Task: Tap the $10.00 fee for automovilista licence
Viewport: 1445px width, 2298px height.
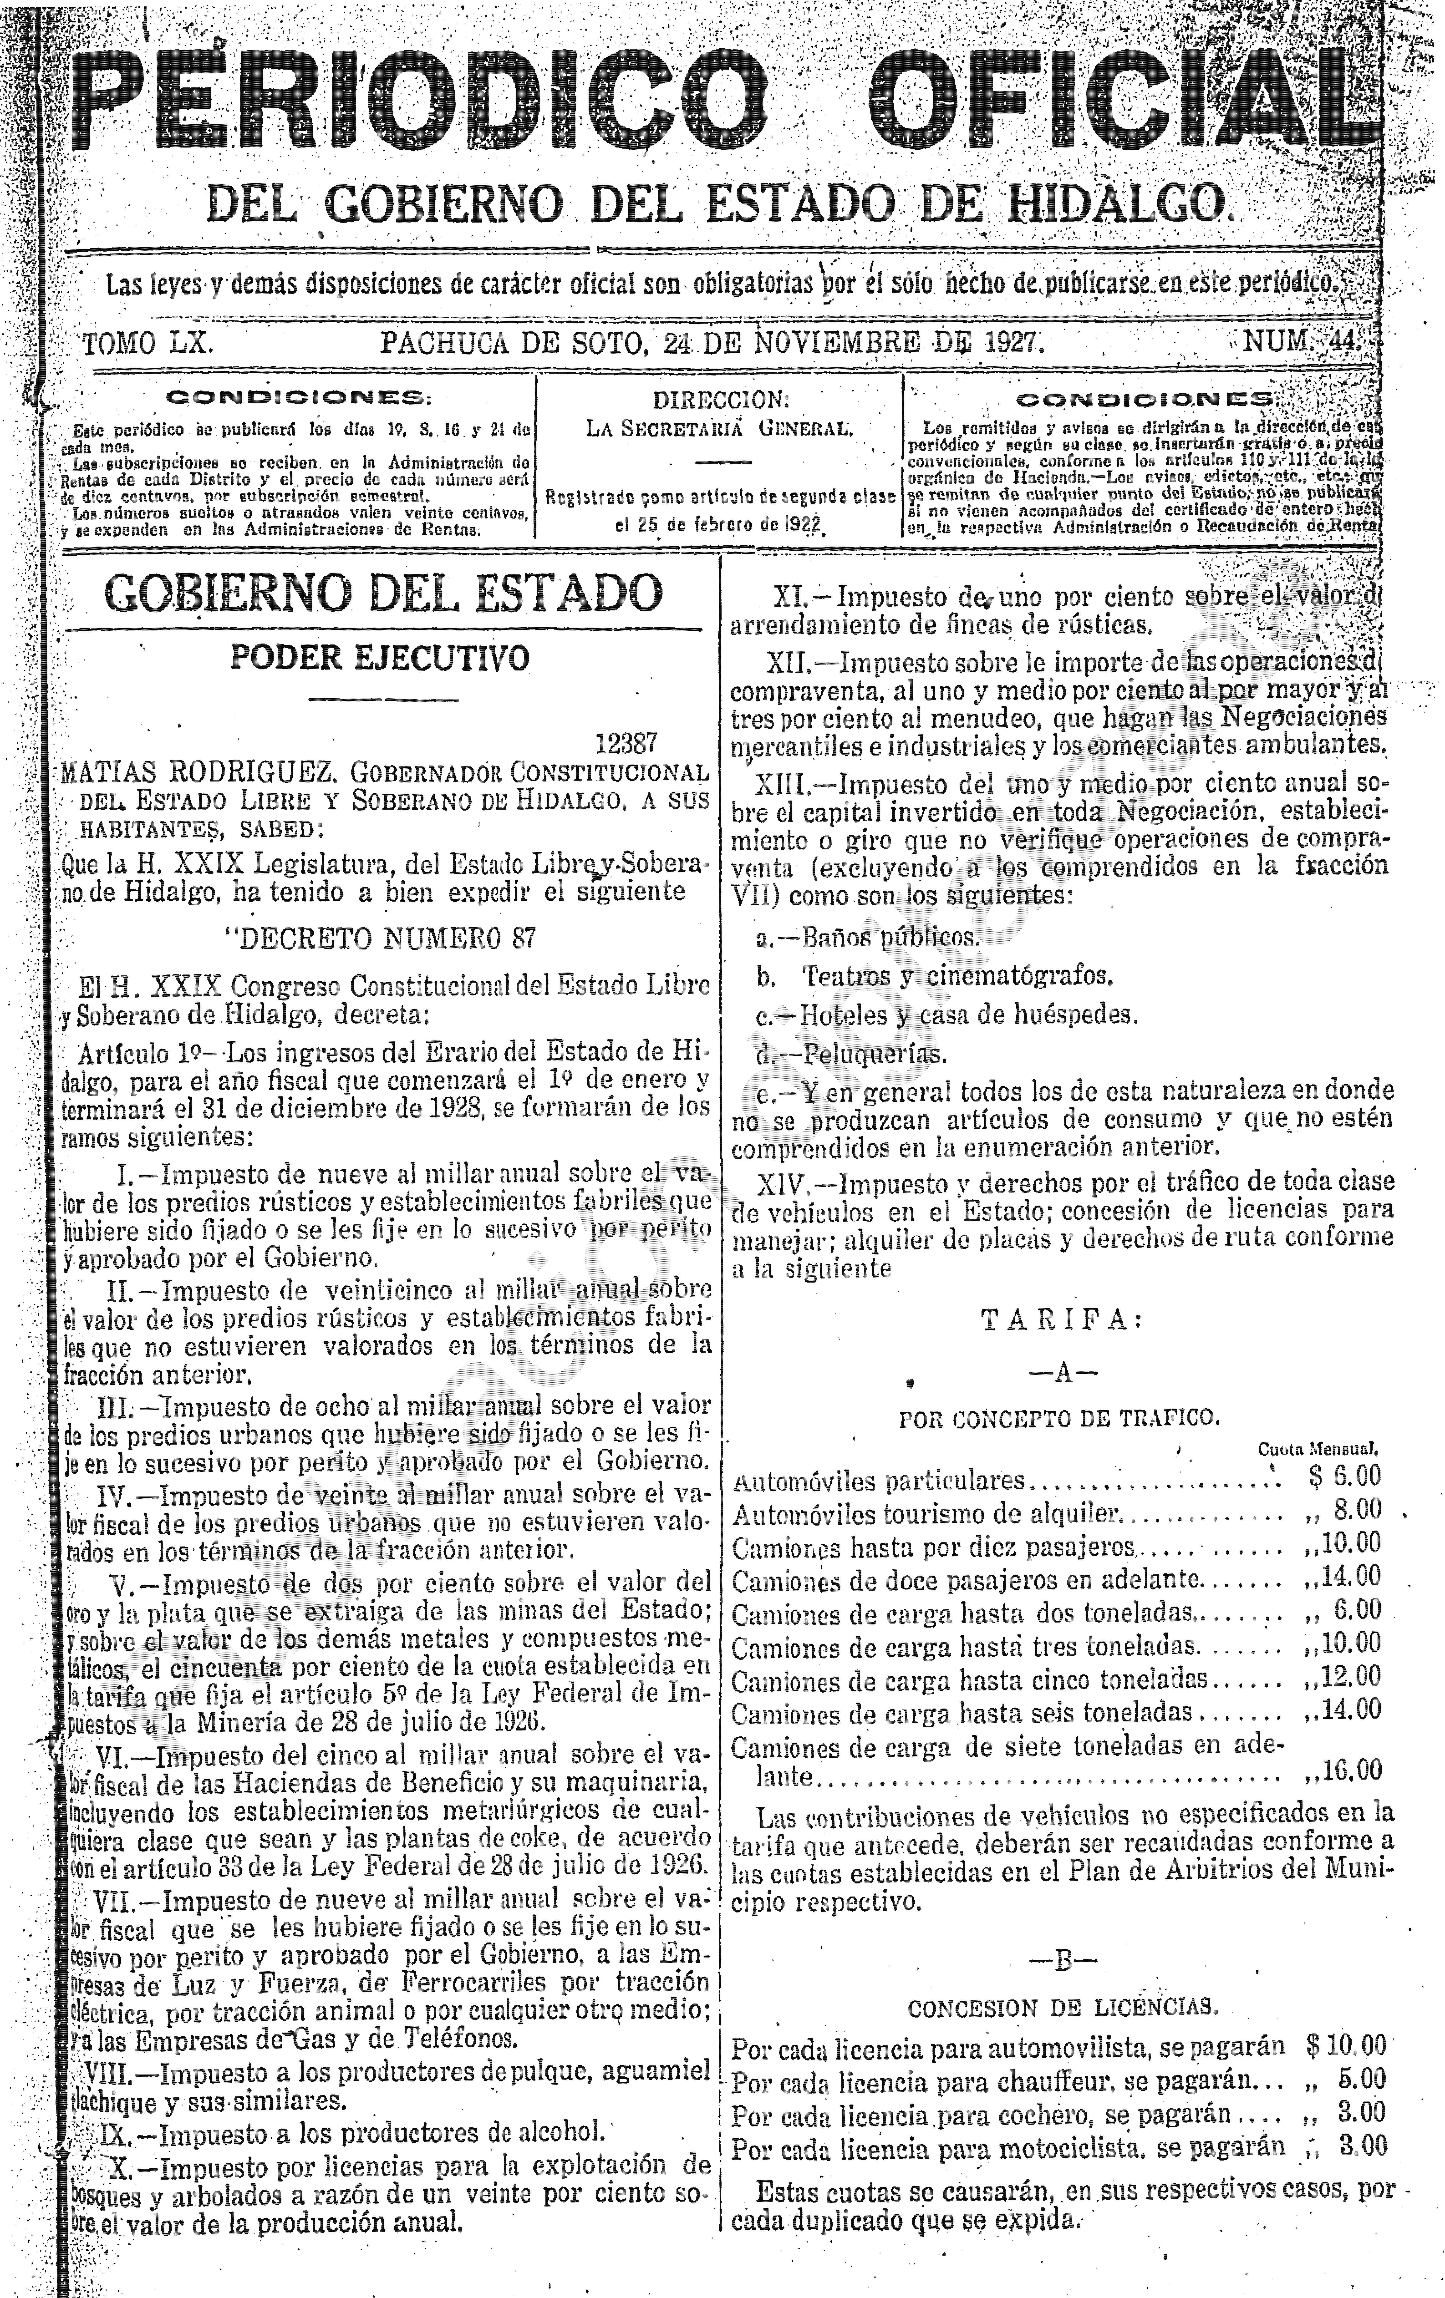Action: click(x=1345, y=2045)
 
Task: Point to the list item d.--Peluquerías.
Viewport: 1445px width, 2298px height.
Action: click(x=838, y=1055)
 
